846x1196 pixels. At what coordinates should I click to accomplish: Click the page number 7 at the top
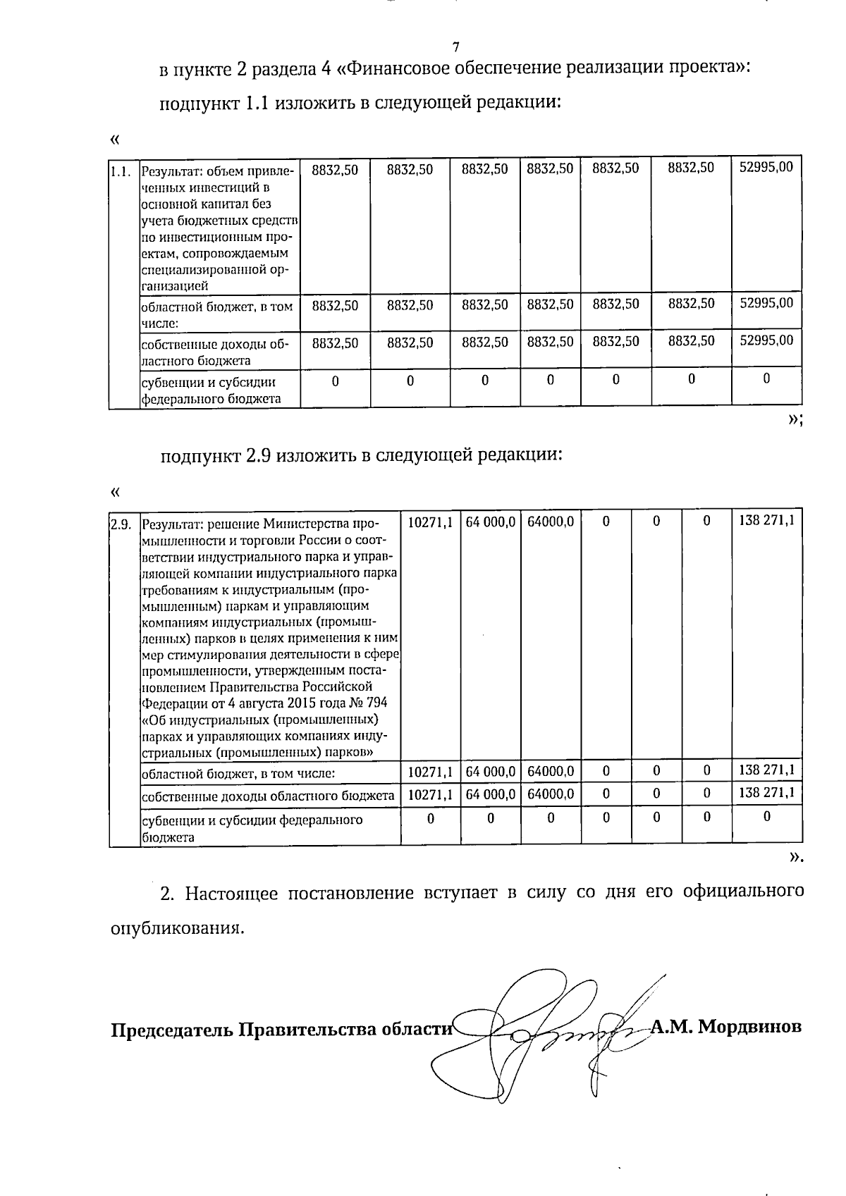point(455,47)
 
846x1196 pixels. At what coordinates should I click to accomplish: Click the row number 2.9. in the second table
point(121,524)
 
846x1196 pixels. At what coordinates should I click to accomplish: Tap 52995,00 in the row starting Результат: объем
point(766,167)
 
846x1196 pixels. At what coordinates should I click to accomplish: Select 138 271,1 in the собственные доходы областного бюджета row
point(766,792)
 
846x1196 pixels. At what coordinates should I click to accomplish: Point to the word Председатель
point(171,1030)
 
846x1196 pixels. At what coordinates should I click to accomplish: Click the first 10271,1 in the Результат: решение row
point(430,522)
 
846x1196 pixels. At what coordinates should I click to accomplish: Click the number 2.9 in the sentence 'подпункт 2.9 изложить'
point(259,455)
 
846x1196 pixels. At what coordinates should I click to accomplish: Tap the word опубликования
point(178,927)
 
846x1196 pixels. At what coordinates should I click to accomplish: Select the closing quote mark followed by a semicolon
point(795,420)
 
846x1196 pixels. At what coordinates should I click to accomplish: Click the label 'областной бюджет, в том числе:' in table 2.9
point(238,773)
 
